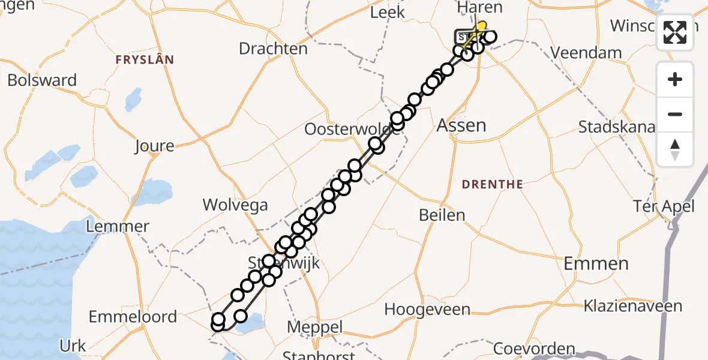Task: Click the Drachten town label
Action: [273, 49]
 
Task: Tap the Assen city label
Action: [461, 125]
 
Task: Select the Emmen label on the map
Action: [596, 263]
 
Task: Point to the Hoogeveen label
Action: [427, 310]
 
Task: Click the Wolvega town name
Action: [235, 205]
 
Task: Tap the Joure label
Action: [154, 146]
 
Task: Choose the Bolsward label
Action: [42, 80]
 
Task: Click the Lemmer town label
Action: [118, 227]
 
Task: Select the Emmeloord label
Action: [133, 316]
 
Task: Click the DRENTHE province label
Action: [493, 184]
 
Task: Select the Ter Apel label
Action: [664, 207]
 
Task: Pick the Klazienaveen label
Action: [634, 306]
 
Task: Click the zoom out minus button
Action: [675, 114]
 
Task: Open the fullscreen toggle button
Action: [675, 32]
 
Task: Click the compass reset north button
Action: [675, 149]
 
